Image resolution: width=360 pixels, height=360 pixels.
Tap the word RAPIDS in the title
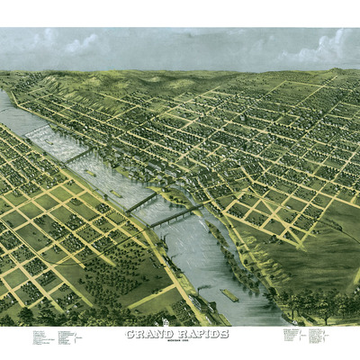(x=202, y=333)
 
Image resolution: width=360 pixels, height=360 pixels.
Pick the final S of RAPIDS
(x=224, y=333)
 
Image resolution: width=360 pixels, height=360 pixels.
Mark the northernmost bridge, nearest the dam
(x=79, y=155)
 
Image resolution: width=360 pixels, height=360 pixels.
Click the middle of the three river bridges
(x=140, y=202)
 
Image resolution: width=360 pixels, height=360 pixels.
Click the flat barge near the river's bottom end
(x=230, y=295)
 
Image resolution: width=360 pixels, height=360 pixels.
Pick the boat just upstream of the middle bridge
(x=119, y=191)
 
